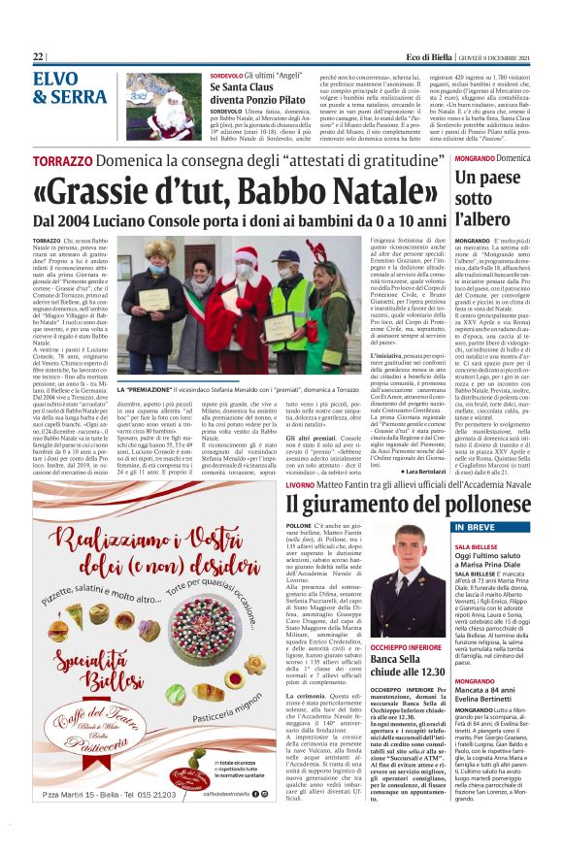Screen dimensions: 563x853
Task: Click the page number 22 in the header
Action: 38,57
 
